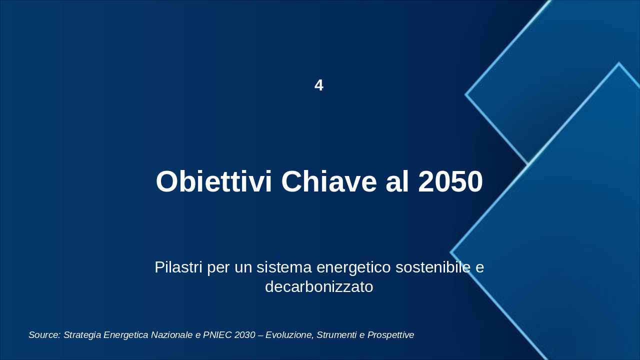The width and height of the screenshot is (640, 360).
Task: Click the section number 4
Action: (319, 85)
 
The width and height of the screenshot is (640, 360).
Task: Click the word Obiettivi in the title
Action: (213, 181)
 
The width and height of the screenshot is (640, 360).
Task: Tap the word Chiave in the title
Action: (329, 181)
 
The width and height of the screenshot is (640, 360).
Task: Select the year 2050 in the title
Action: (450, 181)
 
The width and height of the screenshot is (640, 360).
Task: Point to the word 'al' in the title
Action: (397, 181)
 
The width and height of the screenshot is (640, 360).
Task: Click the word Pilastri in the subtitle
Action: (178, 267)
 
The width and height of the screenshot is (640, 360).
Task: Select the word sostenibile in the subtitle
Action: (433, 267)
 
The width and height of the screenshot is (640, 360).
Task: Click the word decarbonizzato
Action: (319, 287)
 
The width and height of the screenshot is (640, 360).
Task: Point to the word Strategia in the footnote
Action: (82, 335)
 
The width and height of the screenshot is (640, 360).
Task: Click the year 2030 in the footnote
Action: (245, 335)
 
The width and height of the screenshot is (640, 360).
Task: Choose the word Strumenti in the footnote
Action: (337, 335)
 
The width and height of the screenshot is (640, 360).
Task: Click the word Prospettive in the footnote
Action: (391, 335)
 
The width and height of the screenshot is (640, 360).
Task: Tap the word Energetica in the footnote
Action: (126, 335)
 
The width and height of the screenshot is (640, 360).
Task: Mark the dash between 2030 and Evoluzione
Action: (260, 335)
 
